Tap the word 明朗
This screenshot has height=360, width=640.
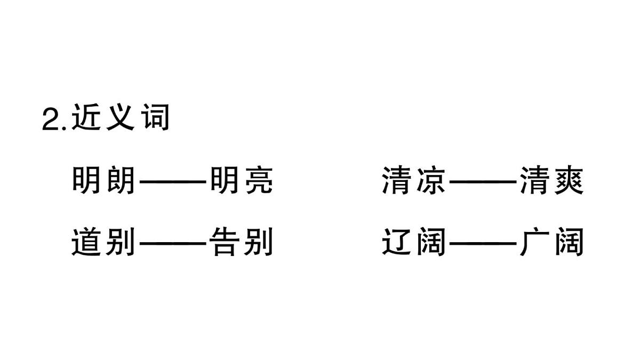click(103, 181)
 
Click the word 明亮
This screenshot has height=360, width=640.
click(241, 181)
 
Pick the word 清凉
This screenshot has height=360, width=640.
click(414, 181)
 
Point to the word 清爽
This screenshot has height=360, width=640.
click(552, 181)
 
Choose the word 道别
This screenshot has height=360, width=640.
click(103, 243)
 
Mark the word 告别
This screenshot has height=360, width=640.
click(241, 243)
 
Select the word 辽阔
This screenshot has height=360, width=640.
click(414, 243)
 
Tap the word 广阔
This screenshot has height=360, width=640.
click(552, 243)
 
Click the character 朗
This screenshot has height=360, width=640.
click(120, 181)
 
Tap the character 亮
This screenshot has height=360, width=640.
click(258, 181)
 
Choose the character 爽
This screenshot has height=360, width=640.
click(569, 181)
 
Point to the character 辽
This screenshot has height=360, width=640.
click(397, 243)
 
